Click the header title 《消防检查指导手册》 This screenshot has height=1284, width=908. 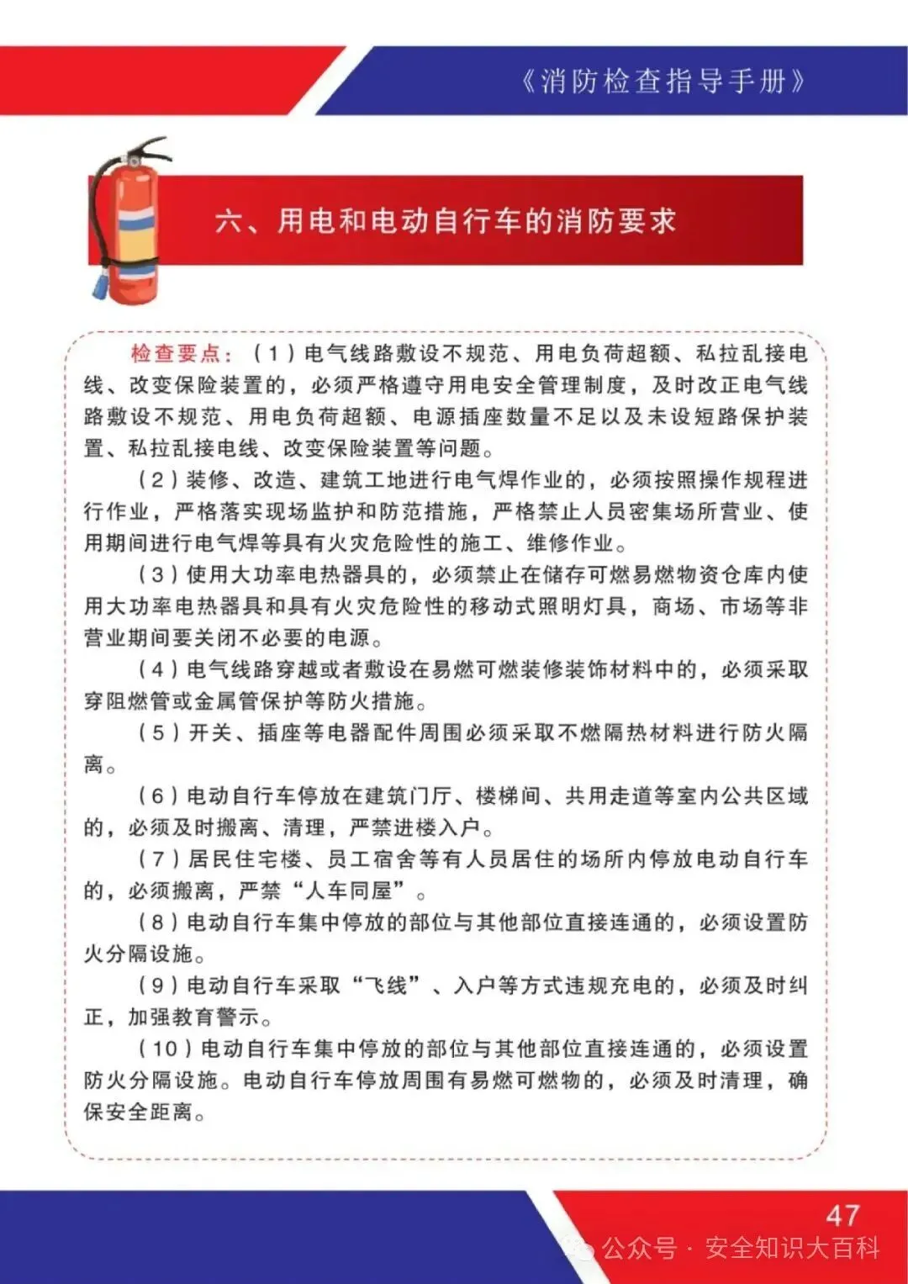tap(663, 82)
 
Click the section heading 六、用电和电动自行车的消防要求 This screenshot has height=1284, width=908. tap(445, 221)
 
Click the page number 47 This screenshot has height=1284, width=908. tap(842, 1215)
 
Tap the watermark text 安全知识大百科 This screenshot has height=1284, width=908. tap(792, 1248)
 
